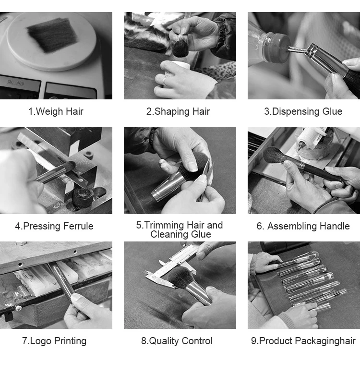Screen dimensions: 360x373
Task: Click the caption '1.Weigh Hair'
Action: coord(56,111)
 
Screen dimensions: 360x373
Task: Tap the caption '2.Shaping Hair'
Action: coord(178,111)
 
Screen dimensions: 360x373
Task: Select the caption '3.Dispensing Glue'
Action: coord(303,111)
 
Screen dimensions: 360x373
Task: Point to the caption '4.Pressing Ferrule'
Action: coord(54,226)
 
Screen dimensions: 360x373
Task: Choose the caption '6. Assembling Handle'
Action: coord(303,226)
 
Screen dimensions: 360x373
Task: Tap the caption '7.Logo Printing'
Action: coord(54,341)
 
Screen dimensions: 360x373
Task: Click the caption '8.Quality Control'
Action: coord(177,341)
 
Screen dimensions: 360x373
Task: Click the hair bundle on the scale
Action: coord(52,35)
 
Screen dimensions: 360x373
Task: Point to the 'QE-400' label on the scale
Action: coord(16,82)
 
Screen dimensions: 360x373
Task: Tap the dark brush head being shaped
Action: coord(180,48)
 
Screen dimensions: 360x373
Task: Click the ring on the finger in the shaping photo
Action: coord(165,80)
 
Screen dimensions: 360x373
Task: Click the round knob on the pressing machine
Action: coord(83,197)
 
